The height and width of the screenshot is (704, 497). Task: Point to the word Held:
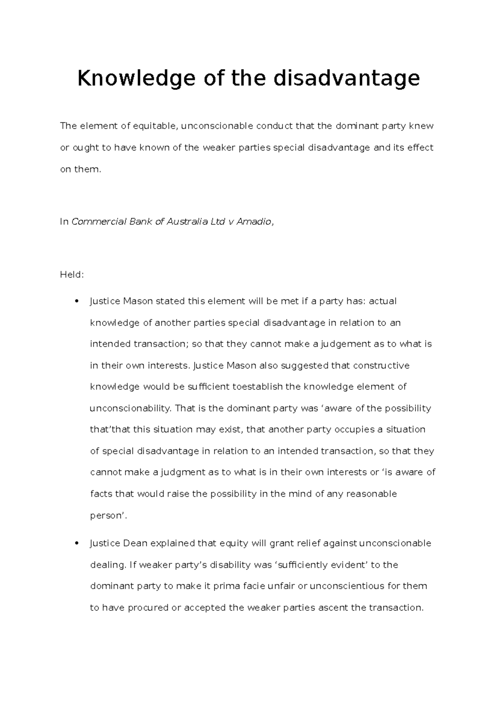click(x=72, y=274)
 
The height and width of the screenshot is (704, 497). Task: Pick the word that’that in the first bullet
click(x=110, y=430)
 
